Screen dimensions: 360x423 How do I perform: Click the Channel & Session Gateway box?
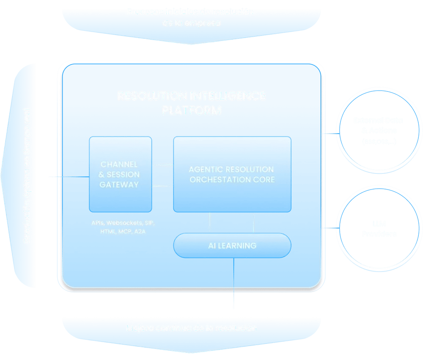tap(120, 174)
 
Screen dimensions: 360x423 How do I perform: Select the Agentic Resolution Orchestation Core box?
tap(232, 174)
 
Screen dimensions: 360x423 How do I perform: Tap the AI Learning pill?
tap(232, 245)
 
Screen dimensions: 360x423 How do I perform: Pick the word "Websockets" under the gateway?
tap(125, 223)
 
